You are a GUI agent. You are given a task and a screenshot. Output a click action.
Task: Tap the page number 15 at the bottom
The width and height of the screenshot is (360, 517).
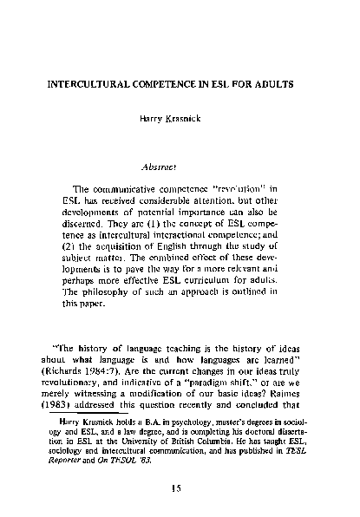click(x=180, y=488)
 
